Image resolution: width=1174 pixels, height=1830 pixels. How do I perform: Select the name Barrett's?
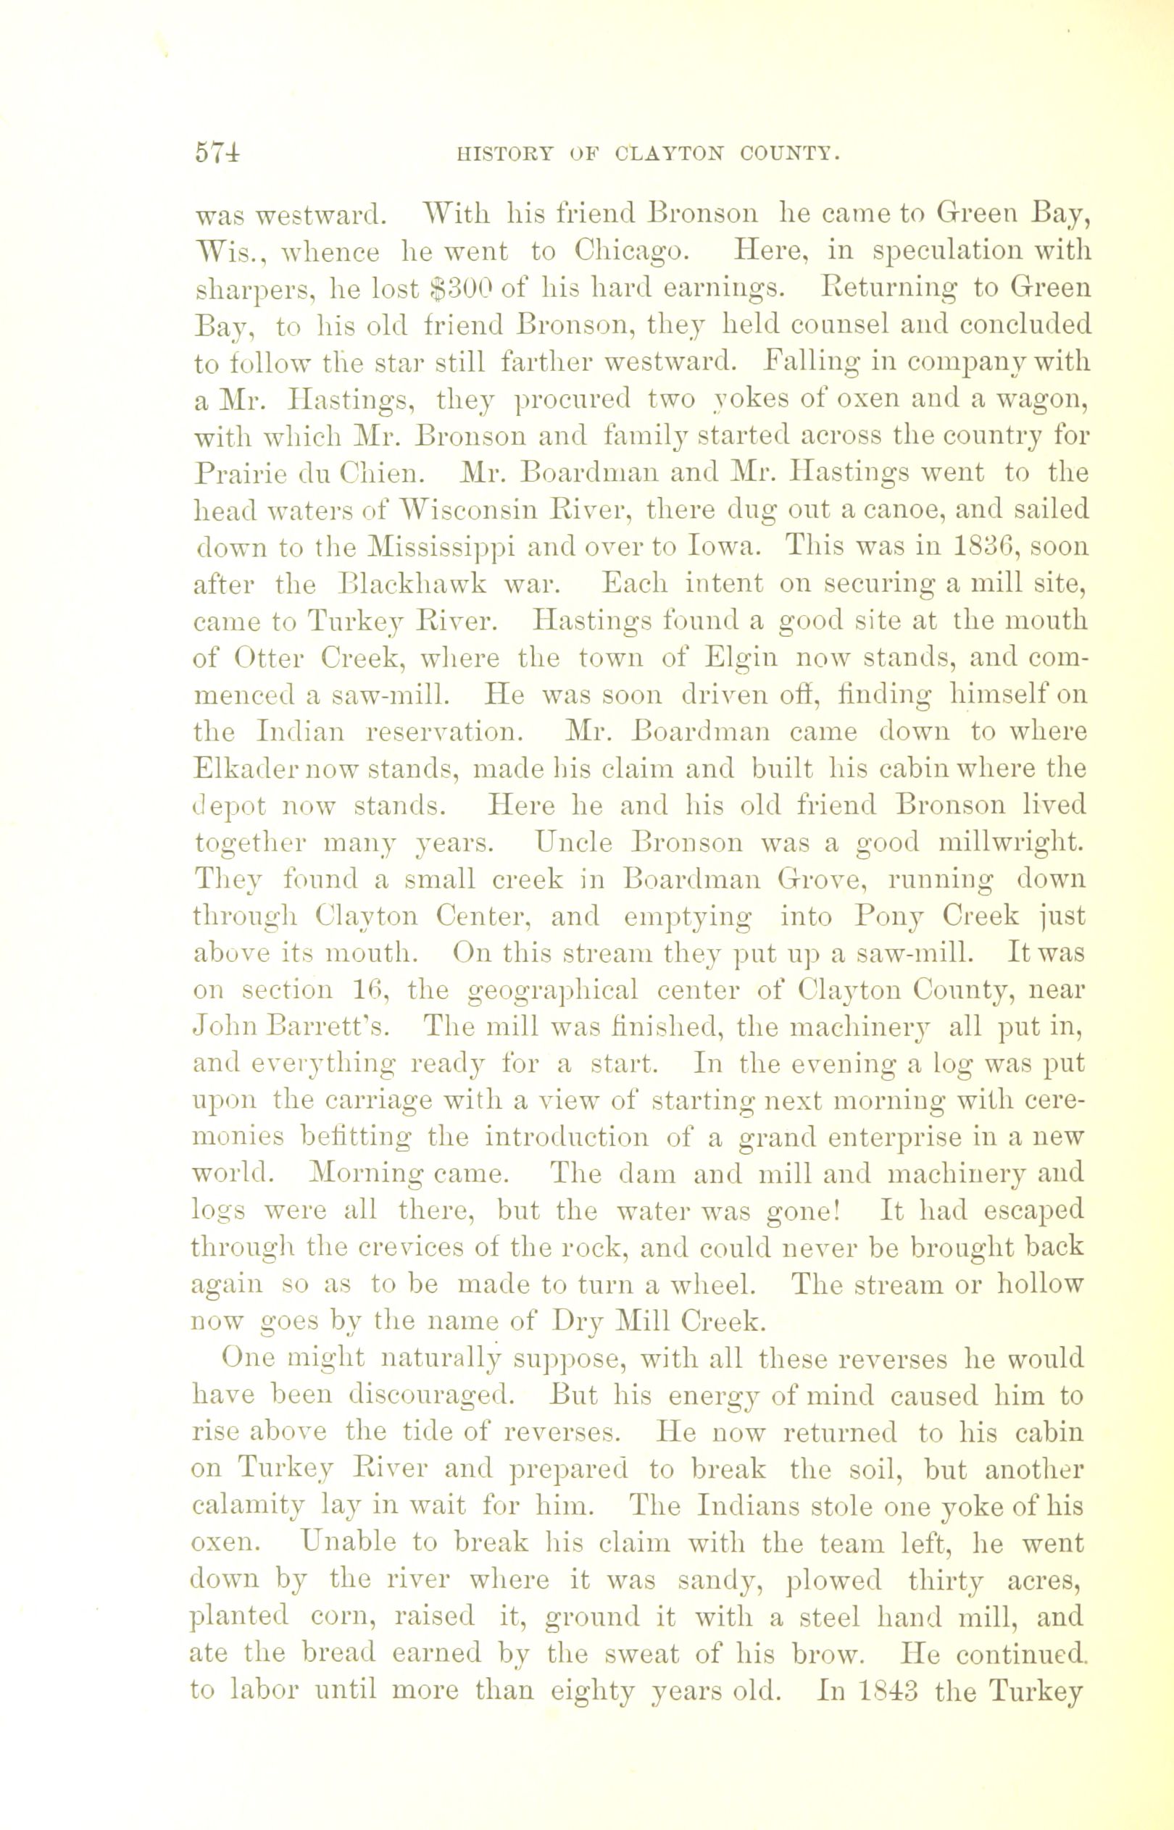point(330,1028)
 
